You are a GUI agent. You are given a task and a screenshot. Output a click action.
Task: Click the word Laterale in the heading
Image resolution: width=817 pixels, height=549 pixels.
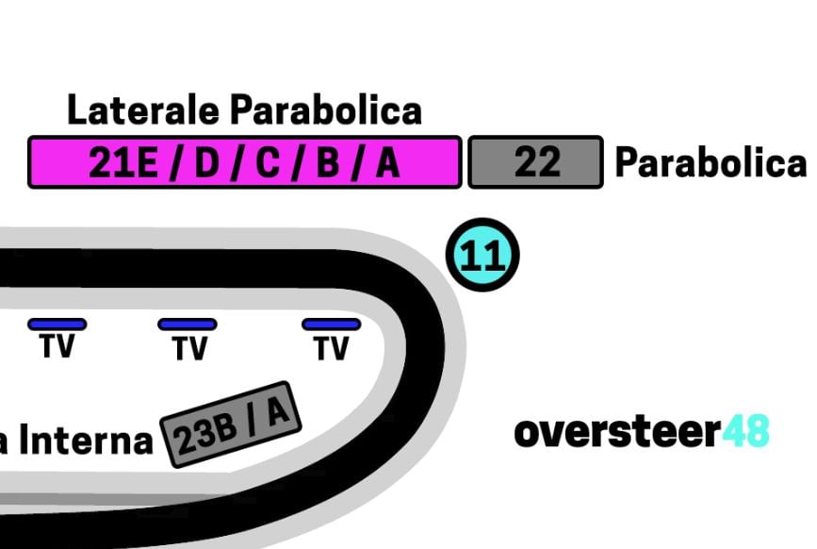(x=143, y=111)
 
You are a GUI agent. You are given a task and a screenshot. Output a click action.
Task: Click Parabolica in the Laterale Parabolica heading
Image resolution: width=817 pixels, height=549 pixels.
(x=325, y=111)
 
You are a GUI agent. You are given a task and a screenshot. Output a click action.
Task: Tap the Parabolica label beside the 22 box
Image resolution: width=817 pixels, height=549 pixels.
(x=711, y=163)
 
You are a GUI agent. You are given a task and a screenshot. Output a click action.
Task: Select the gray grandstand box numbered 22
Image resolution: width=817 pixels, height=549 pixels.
(x=535, y=163)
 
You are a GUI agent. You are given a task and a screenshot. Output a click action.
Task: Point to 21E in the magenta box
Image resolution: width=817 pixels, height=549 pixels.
(x=123, y=164)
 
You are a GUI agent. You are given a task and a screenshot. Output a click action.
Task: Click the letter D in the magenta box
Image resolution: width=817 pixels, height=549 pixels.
(x=205, y=164)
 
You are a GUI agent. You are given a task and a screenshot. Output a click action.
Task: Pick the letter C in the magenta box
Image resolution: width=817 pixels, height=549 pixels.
(x=267, y=164)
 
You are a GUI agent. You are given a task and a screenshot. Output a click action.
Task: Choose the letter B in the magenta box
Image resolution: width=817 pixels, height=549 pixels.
(x=327, y=164)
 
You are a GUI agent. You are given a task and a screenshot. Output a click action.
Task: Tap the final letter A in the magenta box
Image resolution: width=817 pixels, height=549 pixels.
(x=387, y=164)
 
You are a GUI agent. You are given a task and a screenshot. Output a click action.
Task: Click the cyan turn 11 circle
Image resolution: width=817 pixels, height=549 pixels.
(x=482, y=257)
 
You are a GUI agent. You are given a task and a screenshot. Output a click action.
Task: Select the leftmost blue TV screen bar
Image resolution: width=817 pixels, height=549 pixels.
(x=57, y=324)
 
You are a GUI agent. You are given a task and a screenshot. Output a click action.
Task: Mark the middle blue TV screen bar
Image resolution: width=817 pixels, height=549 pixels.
(x=188, y=324)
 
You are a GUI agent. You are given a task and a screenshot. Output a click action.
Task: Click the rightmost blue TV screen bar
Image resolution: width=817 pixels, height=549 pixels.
(x=331, y=324)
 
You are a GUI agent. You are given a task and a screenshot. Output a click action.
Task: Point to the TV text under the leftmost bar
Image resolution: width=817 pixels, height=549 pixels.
(x=57, y=347)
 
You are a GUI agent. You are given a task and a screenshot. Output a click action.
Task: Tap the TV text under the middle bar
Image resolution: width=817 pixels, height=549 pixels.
(x=188, y=349)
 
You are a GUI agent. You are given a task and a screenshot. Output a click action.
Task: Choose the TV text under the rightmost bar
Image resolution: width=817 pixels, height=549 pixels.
(x=331, y=349)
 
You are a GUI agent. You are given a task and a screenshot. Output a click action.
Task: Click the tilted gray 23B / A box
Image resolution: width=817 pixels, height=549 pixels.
(x=231, y=425)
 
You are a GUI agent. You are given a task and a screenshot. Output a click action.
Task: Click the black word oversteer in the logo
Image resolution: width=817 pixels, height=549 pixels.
(x=616, y=432)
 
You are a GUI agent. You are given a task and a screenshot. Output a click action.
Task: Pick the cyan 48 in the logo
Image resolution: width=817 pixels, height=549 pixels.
(x=745, y=432)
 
